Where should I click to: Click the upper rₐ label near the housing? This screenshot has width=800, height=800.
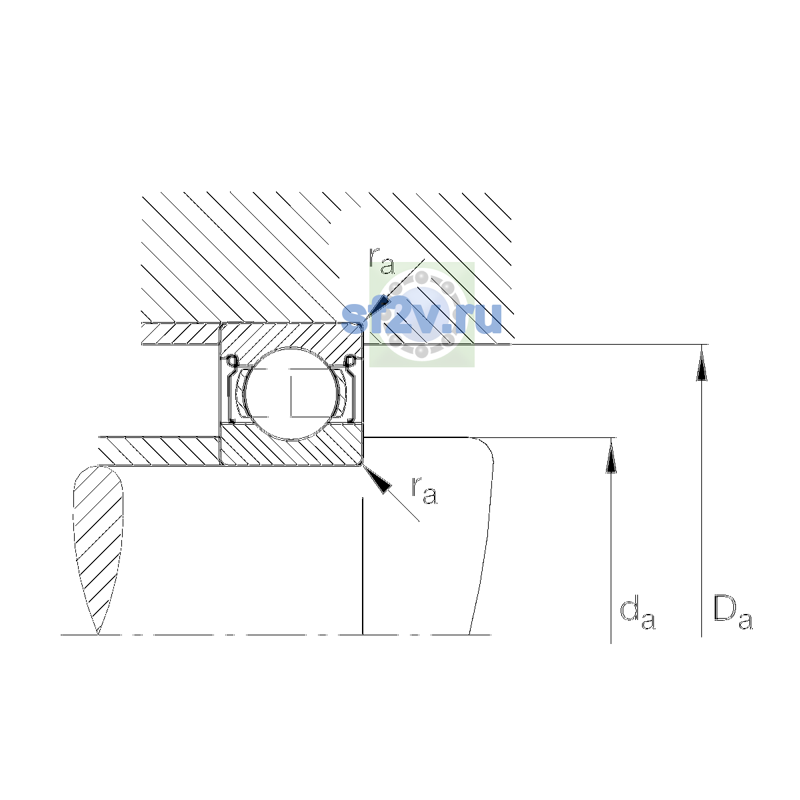point(381,261)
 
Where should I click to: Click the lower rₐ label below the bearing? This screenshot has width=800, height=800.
point(424,491)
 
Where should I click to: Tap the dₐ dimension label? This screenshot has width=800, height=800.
point(637,614)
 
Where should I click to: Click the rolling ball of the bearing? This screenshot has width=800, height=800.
point(292,393)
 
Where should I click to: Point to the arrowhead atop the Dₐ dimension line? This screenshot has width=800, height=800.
point(701,364)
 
